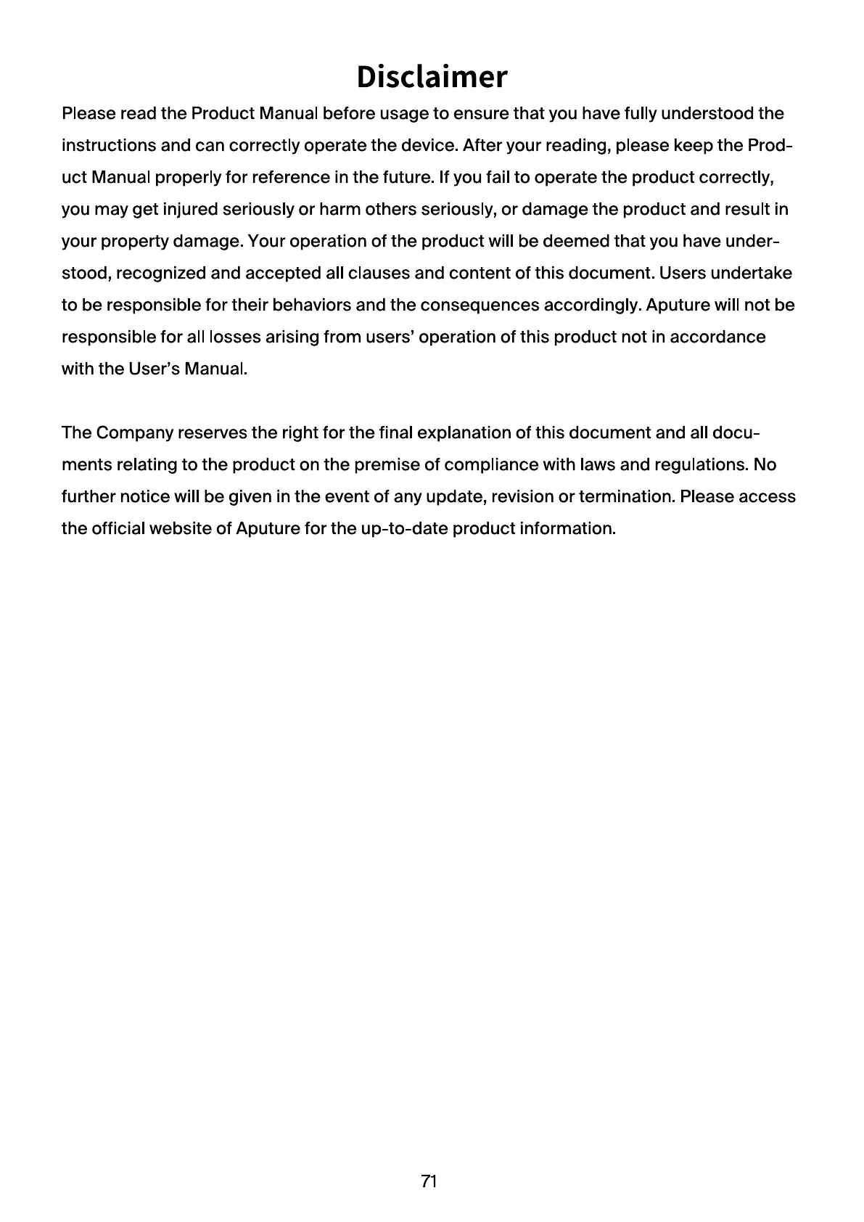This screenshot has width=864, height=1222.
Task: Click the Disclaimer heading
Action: click(432, 77)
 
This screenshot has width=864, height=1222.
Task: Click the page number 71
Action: click(429, 1181)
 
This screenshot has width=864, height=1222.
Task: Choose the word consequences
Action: click(480, 305)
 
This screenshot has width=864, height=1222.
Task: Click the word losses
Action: click(230, 337)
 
